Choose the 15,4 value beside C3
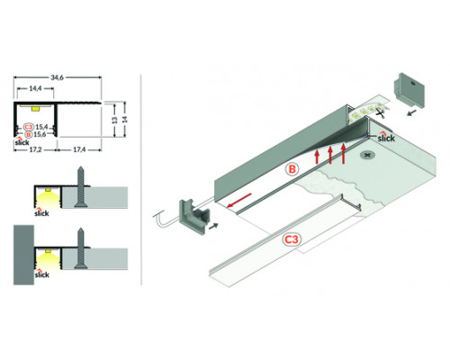41,128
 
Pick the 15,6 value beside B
41,135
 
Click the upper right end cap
409,91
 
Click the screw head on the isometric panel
368,156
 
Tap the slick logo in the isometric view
387,138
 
